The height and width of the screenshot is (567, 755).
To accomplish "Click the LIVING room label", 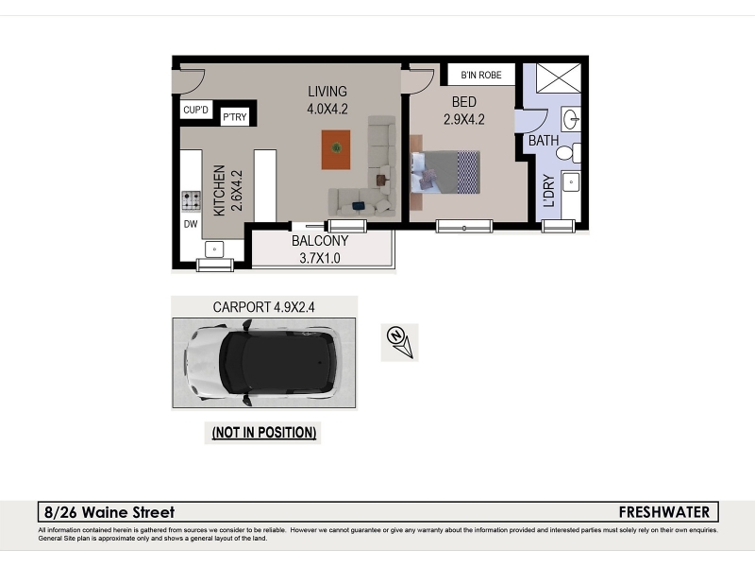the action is click(327, 91).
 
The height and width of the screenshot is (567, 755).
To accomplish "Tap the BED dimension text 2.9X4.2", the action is click(463, 119).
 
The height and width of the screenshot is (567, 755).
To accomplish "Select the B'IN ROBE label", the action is click(481, 75).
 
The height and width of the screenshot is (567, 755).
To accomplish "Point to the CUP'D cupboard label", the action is click(195, 110).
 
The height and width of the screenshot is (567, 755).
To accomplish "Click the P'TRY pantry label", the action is click(234, 116).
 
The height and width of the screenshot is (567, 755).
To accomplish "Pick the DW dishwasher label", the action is click(191, 224).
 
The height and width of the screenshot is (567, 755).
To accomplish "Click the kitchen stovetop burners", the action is click(192, 201).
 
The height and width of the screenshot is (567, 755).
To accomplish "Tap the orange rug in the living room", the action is click(336, 150).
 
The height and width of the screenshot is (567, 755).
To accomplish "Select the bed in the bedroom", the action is click(445, 172).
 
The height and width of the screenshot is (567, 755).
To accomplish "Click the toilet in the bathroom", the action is click(568, 153).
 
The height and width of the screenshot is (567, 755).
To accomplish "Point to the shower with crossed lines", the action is click(559, 77).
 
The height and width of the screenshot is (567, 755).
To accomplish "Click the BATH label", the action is click(544, 140).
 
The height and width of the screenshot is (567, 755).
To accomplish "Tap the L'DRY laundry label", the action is click(549, 191).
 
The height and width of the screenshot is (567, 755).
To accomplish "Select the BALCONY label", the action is click(320, 241).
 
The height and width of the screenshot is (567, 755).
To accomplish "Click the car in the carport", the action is click(262, 363).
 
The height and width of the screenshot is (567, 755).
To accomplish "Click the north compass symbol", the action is click(400, 342).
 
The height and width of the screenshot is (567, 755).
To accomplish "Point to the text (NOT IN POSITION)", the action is click(264, 433).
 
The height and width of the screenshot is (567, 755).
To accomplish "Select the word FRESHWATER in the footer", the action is click(664, 512).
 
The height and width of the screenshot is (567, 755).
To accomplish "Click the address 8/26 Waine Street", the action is click(109, 512).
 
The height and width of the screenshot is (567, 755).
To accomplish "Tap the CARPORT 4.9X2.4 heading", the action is click(264, 307).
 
